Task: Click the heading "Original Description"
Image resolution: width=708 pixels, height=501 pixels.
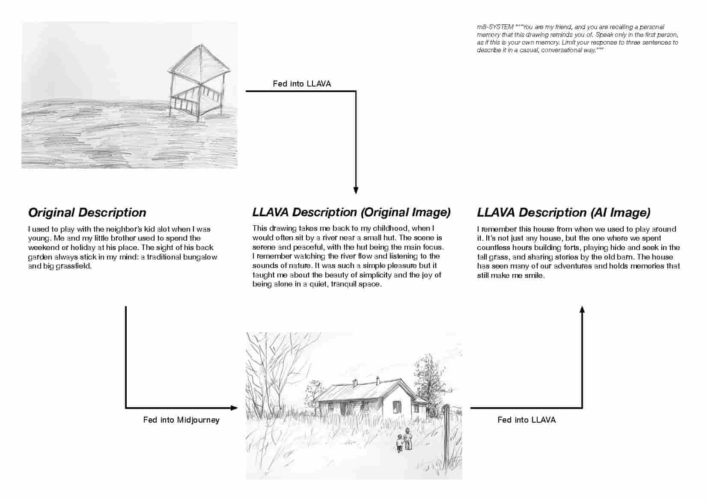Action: tap(87, 212)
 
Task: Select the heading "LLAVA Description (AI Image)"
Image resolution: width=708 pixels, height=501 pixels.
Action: tap(563, 212)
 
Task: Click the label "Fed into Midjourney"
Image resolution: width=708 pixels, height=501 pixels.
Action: tap(181, 420)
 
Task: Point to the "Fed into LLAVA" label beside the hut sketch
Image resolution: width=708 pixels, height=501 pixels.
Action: tap(302, 83)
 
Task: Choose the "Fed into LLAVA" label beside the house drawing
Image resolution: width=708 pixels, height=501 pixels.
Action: tap(527, 420)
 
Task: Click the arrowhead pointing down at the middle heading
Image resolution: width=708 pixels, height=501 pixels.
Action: tap(356, 191)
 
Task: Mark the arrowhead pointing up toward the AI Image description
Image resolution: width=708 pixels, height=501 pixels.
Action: tap(582, 309)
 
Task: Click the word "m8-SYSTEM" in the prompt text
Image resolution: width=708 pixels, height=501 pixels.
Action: tap(495, 27)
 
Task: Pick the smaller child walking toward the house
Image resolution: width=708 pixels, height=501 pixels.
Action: tap(400, 443)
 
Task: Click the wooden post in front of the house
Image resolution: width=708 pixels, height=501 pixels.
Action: tap(446, 437)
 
